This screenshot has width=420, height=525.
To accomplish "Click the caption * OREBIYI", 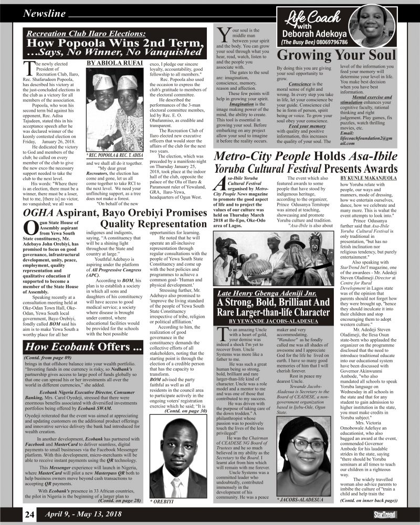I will (163, 502).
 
